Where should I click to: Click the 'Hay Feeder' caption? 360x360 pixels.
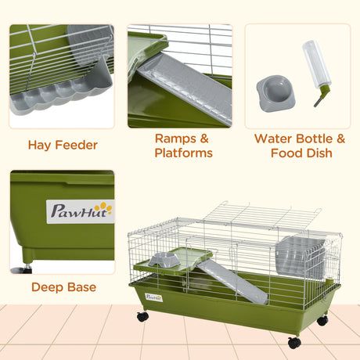(62, 145)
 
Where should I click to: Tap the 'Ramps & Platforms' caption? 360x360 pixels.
(183, 146)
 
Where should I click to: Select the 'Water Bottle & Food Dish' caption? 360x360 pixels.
(300, 146)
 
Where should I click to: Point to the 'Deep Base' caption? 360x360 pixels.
(64, 287)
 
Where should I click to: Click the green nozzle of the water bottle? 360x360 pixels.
(319, 100)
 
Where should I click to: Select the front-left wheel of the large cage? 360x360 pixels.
(142, 317)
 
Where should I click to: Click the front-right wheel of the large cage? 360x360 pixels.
(293, 342)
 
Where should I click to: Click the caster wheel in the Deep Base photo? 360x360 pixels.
(25, 268)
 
